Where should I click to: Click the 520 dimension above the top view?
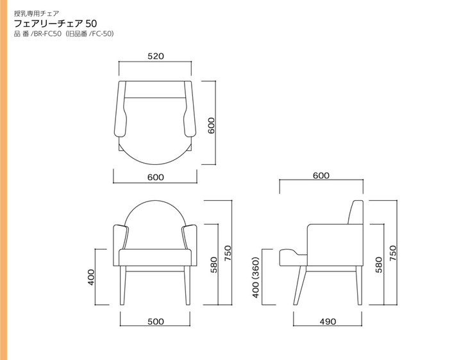click(x=156, y=56)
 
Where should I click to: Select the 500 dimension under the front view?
click(x=156, y=321)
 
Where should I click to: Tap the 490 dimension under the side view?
click(x=328, y=321)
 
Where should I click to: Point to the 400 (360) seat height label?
click(x=256, y=278)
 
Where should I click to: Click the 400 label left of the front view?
click(x=91, y=277)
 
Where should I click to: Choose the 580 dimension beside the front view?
click(x=213, y=264)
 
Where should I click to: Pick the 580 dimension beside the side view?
click(x=378, y=264)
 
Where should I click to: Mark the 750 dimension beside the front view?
click(x=228, y=253)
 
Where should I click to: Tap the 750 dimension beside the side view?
click(x=393, y=253)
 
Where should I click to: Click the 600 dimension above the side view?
click(x=321, y=175)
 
